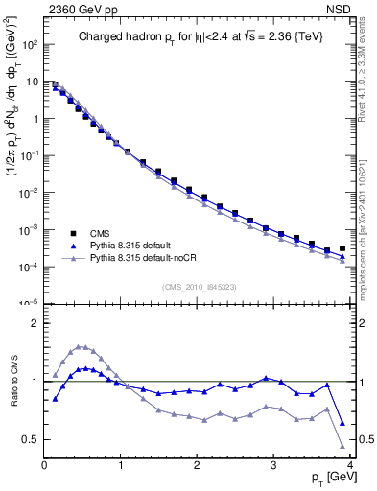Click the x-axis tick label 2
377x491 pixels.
click(x=197, y=464)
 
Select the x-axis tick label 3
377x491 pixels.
click(x=273, y=464)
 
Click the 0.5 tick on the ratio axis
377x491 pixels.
click(x=32, y=439)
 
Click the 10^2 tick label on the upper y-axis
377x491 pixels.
click(x=29, y=45)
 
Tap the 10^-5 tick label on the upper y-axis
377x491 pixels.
click(x=29, y=303)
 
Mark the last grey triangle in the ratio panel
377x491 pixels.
click(x=342, y=446)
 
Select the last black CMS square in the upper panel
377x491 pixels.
click(x=342, y=248)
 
